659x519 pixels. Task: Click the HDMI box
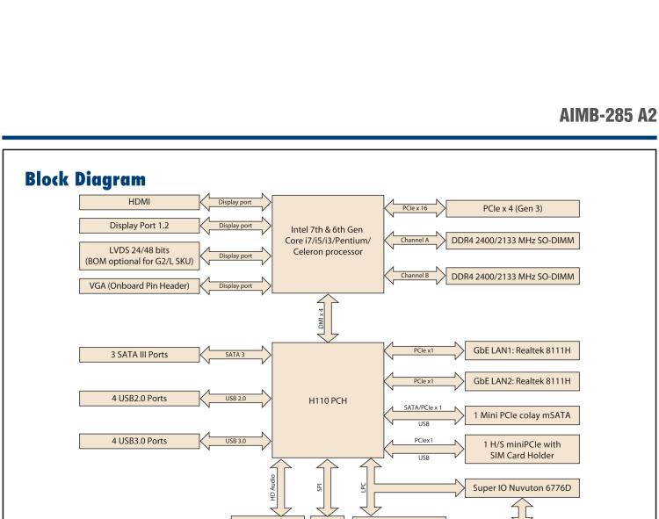(138, 203)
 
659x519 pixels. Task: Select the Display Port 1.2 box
(138, 227)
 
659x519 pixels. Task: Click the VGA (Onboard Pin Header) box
(138, 285)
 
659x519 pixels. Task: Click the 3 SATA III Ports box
(135, 354)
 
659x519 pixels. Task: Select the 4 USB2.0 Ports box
(135, 398)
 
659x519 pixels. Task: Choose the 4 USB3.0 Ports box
(135, 440)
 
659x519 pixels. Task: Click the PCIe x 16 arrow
(415, 208)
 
